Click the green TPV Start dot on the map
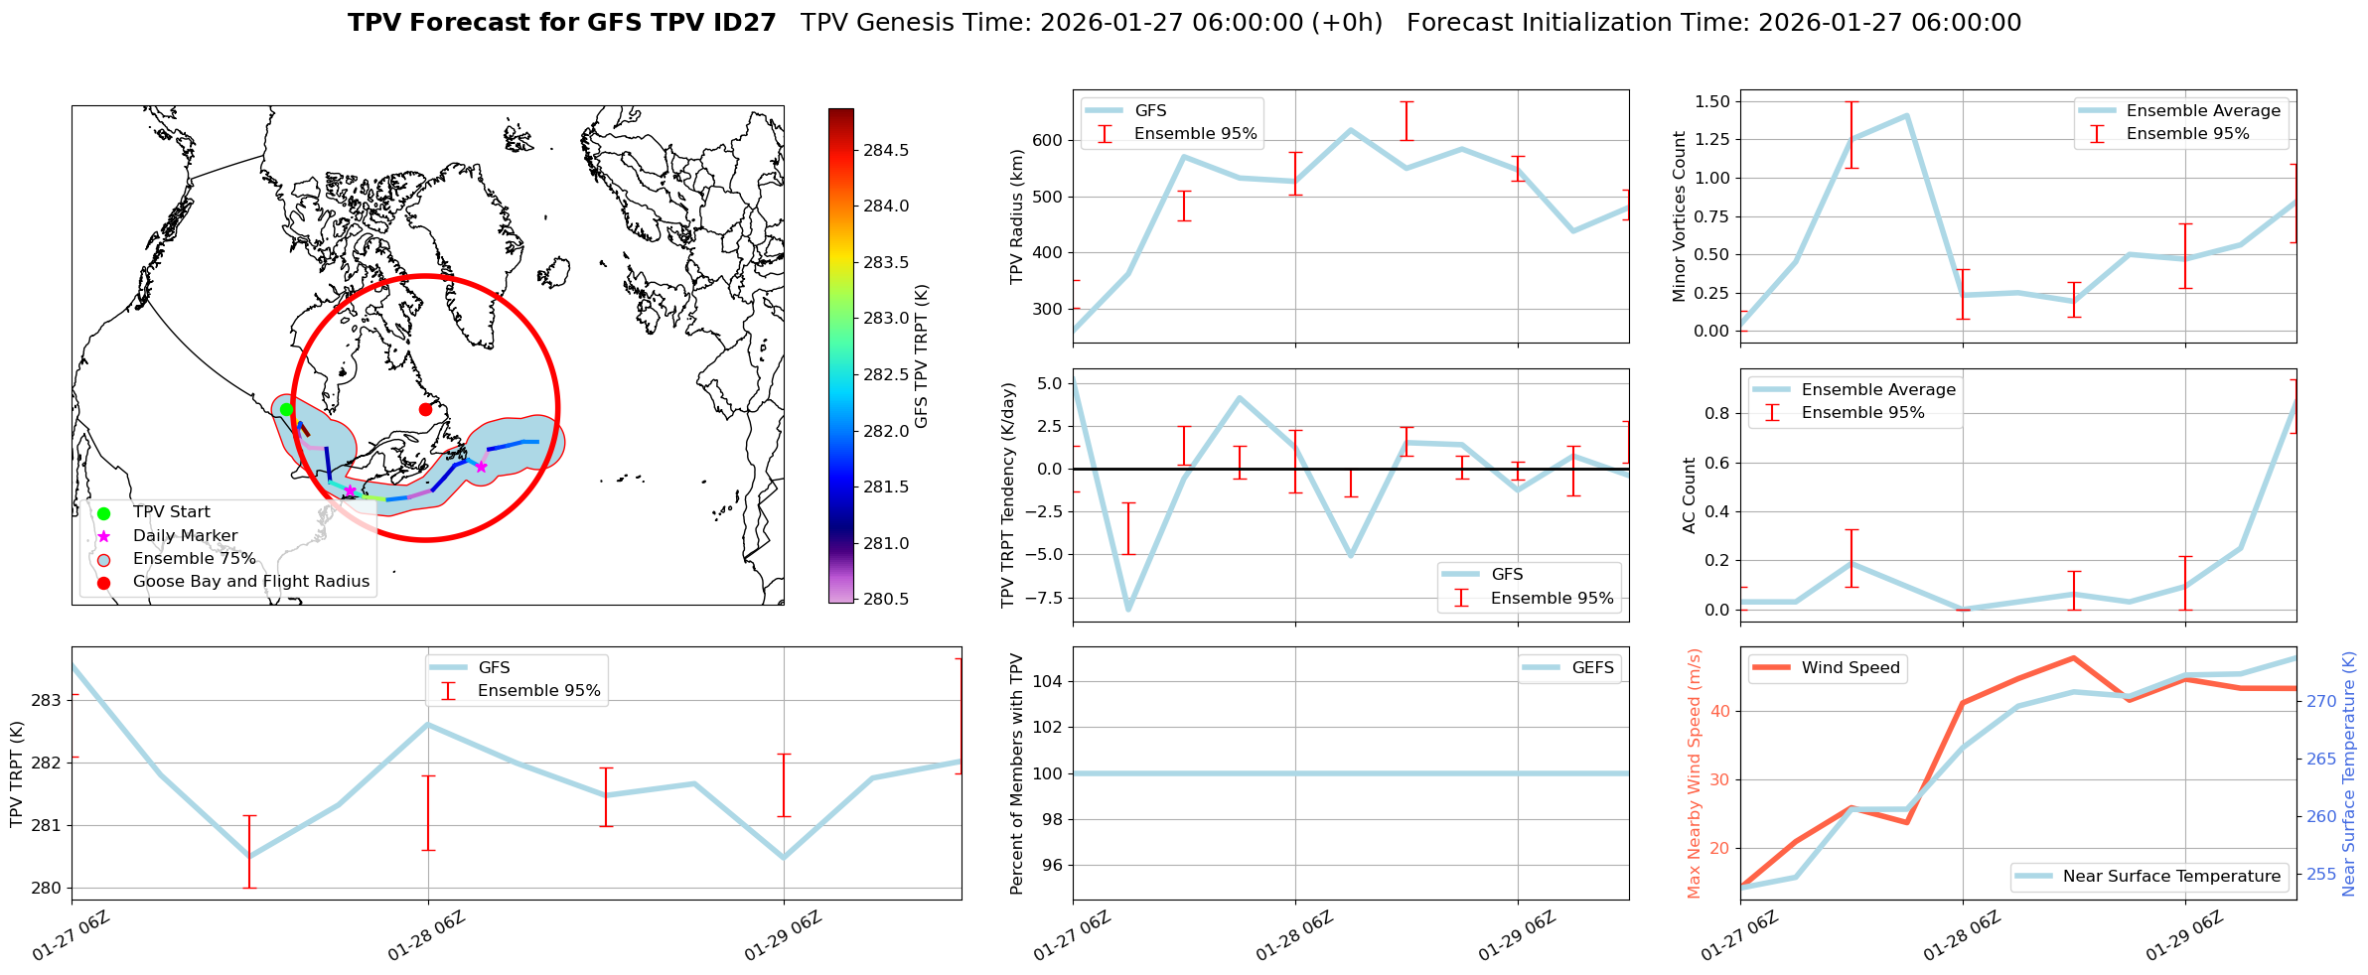click(x=286, y=409)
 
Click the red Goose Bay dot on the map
click(x=425, y=409)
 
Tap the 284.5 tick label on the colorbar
click(x=886, y=150)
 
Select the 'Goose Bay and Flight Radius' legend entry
click(x=250, y=582)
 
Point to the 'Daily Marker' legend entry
click(x=185, y=536)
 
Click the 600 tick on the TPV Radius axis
click(x=1048, y=140)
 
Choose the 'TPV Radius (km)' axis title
click(x=1016, y=216)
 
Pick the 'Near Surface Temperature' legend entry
click(x=2170, y=877)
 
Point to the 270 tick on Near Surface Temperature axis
click(x=2321, y=701)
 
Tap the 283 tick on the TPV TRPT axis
click(x=47, y=700)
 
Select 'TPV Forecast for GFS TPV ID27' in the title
click(x=561, y=23)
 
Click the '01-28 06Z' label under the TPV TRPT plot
click(x=426, y=936)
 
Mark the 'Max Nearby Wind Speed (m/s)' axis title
click(x=1695, y=773)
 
